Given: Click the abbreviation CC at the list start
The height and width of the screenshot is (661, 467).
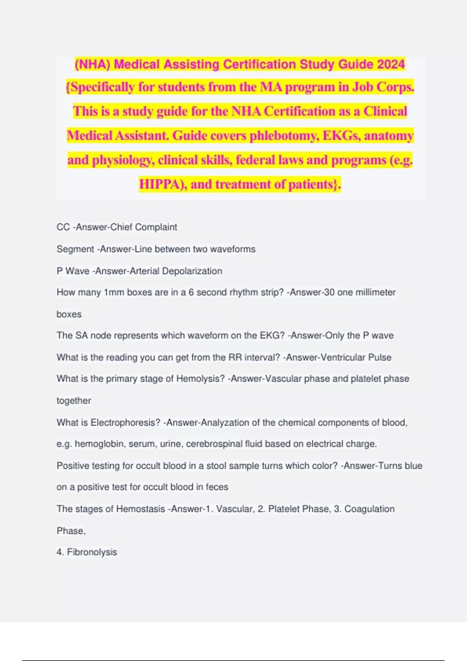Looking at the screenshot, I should coord(63,227).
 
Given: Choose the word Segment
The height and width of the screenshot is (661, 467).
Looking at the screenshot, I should coord(75,249).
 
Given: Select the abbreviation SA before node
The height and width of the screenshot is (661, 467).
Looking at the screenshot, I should coord(81,336).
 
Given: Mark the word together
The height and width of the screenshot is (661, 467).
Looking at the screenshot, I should coord(74,400).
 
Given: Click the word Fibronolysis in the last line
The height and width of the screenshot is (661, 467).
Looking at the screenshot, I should coord(92,552).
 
